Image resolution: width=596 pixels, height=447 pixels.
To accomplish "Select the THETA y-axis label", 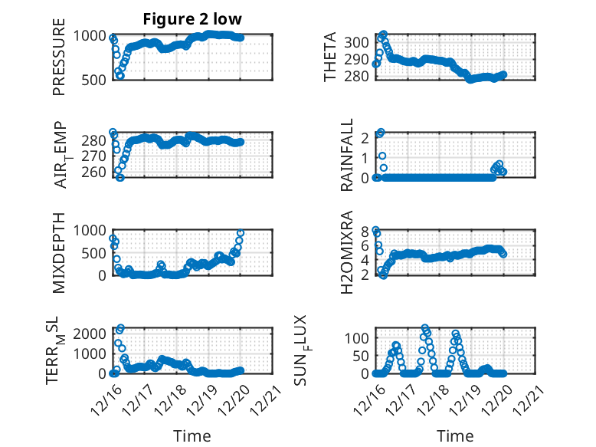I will tap(330, 57).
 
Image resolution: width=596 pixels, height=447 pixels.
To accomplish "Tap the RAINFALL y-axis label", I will tap(347, 154).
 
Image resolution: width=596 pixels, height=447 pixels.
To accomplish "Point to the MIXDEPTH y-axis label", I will tap(59, 252).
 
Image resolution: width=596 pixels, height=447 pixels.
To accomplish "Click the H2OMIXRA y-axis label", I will tap(347, 252).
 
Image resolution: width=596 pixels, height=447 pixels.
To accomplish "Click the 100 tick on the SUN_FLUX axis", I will tap(361, 337).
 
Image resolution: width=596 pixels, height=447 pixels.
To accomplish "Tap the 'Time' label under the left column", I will tap(192, 435).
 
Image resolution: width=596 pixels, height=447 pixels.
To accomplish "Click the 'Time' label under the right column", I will tap(455, 435).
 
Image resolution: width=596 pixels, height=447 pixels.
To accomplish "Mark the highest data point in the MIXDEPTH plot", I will tap(241, 232).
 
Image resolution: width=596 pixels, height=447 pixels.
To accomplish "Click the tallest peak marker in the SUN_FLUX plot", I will tap(425, 328).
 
